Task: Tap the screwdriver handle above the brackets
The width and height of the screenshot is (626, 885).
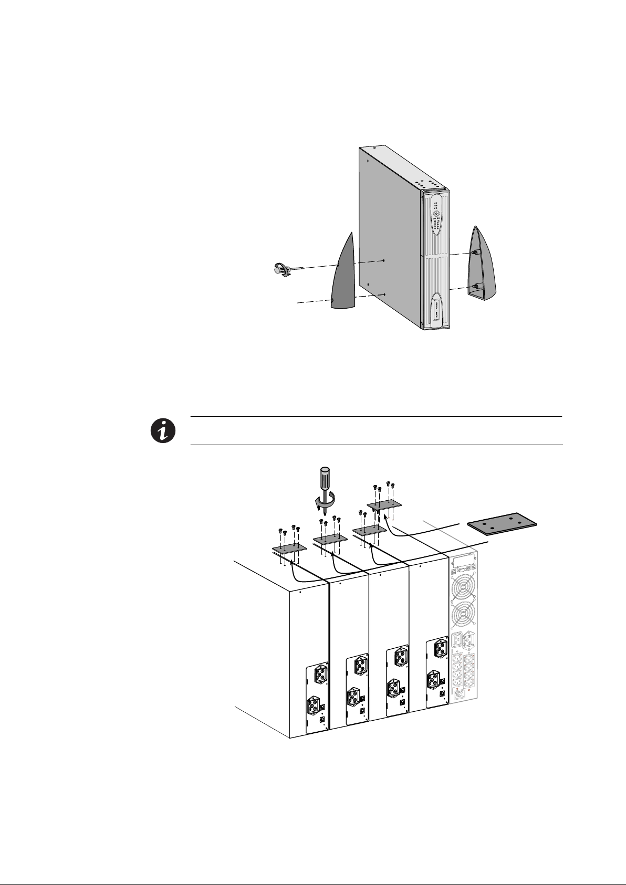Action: coord(321,480)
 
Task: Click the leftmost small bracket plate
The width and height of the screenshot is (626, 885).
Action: coord(286,549)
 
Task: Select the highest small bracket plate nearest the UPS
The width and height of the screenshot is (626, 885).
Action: coord(384,505)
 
